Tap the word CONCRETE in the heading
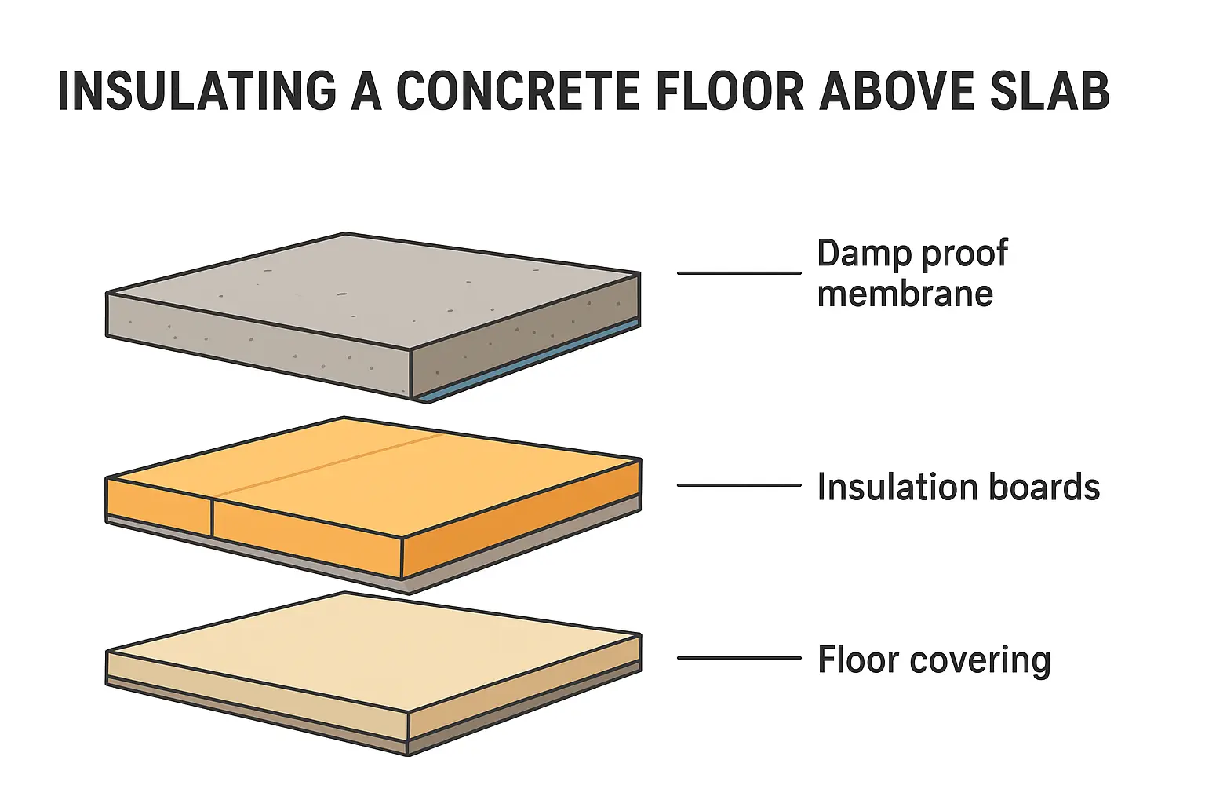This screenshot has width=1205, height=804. click(518, 90)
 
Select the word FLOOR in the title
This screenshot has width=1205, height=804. click(730, 90)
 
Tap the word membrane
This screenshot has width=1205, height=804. click(905, 294)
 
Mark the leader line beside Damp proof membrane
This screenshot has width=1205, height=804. click(739, 273)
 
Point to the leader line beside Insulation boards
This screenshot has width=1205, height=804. click(739, 485)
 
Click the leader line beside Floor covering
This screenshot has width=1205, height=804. click(739, 657)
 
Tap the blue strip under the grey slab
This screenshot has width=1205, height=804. click(530, 361)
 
